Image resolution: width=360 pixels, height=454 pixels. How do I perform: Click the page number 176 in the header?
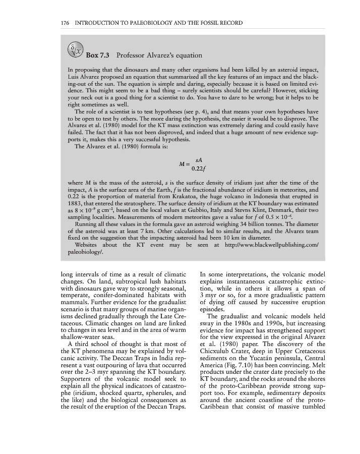(65, 23)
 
